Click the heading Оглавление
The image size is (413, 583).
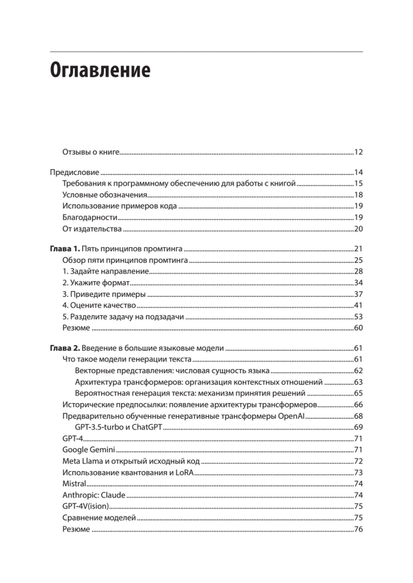100,70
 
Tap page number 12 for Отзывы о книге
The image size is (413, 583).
358,152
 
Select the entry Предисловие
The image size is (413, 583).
75,172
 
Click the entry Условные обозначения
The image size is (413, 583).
105,195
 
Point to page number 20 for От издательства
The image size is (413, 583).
358,229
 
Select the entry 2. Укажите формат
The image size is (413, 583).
96,283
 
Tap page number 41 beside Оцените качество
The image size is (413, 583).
358,305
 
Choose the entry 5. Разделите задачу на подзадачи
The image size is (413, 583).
123,317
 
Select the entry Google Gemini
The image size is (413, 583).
89,450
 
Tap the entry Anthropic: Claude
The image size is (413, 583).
94,495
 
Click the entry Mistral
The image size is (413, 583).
74,483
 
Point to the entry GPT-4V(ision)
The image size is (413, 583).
86,506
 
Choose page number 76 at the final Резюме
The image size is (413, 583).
358,529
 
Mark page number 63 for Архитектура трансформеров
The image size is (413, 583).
358,382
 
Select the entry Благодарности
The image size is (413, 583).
90,218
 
